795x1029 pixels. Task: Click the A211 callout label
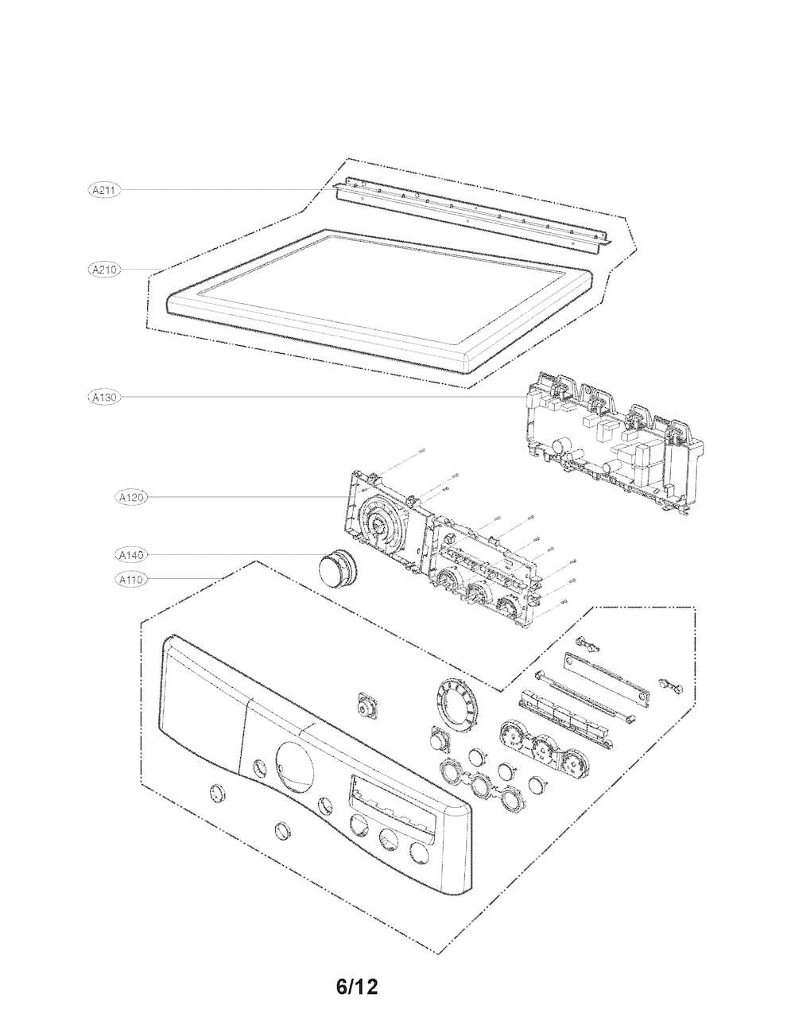coord(103,190)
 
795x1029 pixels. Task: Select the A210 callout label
coord(103,270)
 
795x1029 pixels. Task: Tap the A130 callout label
coord(103,396)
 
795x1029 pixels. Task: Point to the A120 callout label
coord(130,498)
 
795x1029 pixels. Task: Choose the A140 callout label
coord(130,554)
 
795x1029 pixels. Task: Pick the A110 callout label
coord(130,580)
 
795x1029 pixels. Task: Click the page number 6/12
coord(356,988)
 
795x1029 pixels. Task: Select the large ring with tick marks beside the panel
coord(456,701)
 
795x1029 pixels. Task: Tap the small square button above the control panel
coord(368,705)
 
